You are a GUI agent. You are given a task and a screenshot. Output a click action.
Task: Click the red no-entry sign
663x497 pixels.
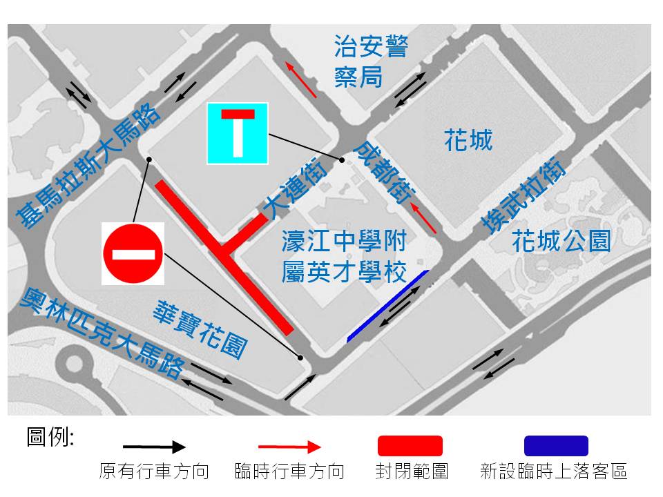133,253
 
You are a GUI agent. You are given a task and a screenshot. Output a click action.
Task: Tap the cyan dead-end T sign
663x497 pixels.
237,133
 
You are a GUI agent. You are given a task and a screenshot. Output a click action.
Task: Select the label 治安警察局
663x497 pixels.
370,61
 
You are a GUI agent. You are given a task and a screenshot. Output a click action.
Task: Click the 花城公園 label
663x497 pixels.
561,242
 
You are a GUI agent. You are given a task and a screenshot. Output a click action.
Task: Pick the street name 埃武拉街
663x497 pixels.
523,196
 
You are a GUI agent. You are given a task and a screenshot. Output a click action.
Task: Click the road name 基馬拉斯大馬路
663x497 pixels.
88,168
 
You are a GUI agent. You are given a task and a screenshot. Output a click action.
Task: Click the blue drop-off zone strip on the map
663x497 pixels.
387,306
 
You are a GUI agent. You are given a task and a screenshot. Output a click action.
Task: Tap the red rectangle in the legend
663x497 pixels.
410,446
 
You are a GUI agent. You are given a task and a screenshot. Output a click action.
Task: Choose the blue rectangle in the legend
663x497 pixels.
556,446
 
